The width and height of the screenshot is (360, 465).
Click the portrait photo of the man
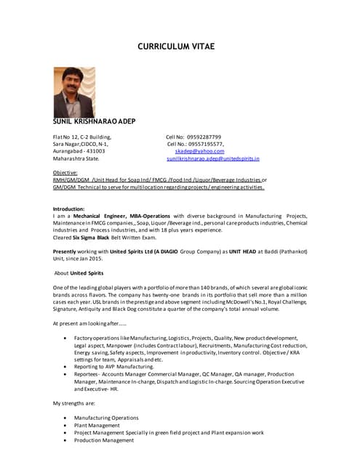click(74, 92)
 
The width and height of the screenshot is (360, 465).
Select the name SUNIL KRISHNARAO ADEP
click(93, 123)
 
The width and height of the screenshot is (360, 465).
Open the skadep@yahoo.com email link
click(199, 151)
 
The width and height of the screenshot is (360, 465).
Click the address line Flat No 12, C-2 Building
click(81, 137)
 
